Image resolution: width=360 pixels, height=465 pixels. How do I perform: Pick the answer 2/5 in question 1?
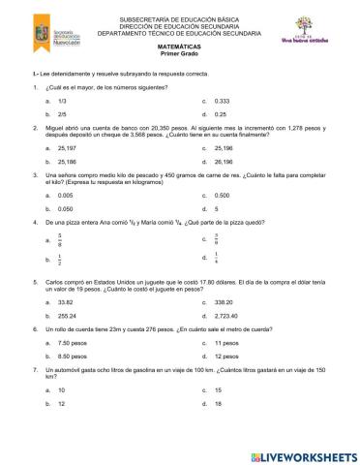click(x=63, y=113)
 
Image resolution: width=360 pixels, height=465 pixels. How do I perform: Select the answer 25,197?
click(x=68, y=149)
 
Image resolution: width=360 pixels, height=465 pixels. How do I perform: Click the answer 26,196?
click(x=224, y=162)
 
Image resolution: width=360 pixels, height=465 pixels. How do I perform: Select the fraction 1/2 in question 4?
click(x=61, y=259)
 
